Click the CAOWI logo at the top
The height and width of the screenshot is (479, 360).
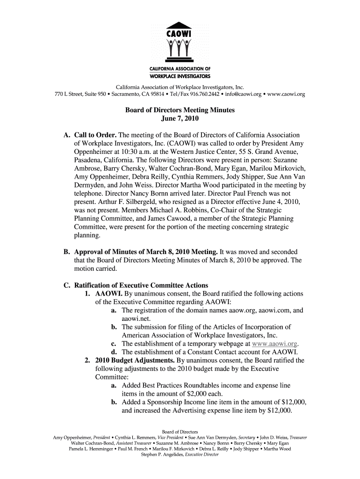point(180,49)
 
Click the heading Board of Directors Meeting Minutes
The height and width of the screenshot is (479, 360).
point(180,110)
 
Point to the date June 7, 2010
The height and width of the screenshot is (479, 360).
point(180,119)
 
